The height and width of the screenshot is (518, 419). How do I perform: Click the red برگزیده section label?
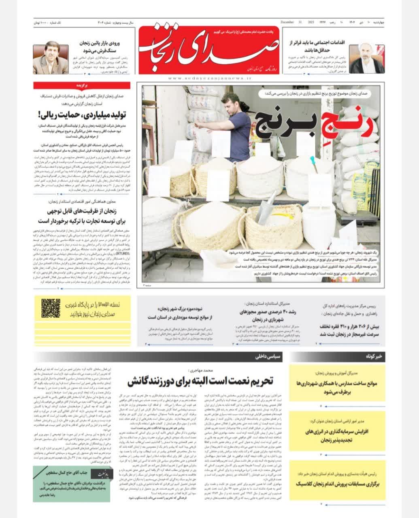pyautogui.click(x=82, y=85)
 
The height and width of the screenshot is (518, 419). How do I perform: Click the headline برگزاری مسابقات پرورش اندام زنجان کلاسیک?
pyautogui.click(x=332, y=483)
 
